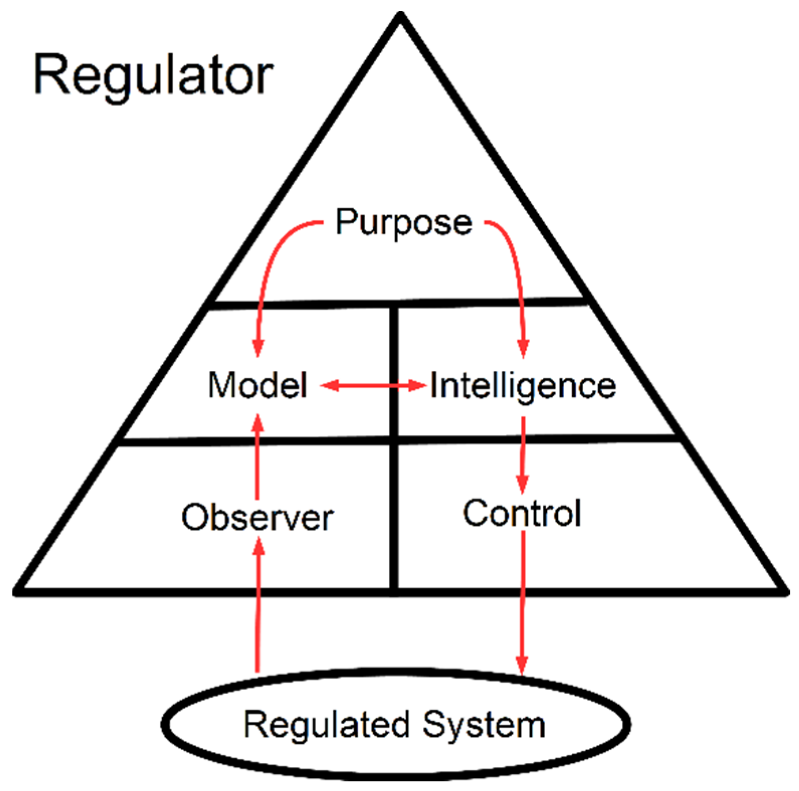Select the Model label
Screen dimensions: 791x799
(x=257, y=385)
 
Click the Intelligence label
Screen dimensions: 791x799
(x=523, y=386)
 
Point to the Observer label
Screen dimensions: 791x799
(x=257, y=517)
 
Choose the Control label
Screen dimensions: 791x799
(x=522, y=514)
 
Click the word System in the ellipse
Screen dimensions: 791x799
(x=484, y=725)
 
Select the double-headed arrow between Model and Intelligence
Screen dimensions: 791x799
(x=374, y=385)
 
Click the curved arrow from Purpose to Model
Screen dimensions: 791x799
(x=271, y=261)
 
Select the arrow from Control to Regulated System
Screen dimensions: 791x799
(x=522, y=603)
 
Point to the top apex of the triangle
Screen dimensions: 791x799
(x=401, y=18)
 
